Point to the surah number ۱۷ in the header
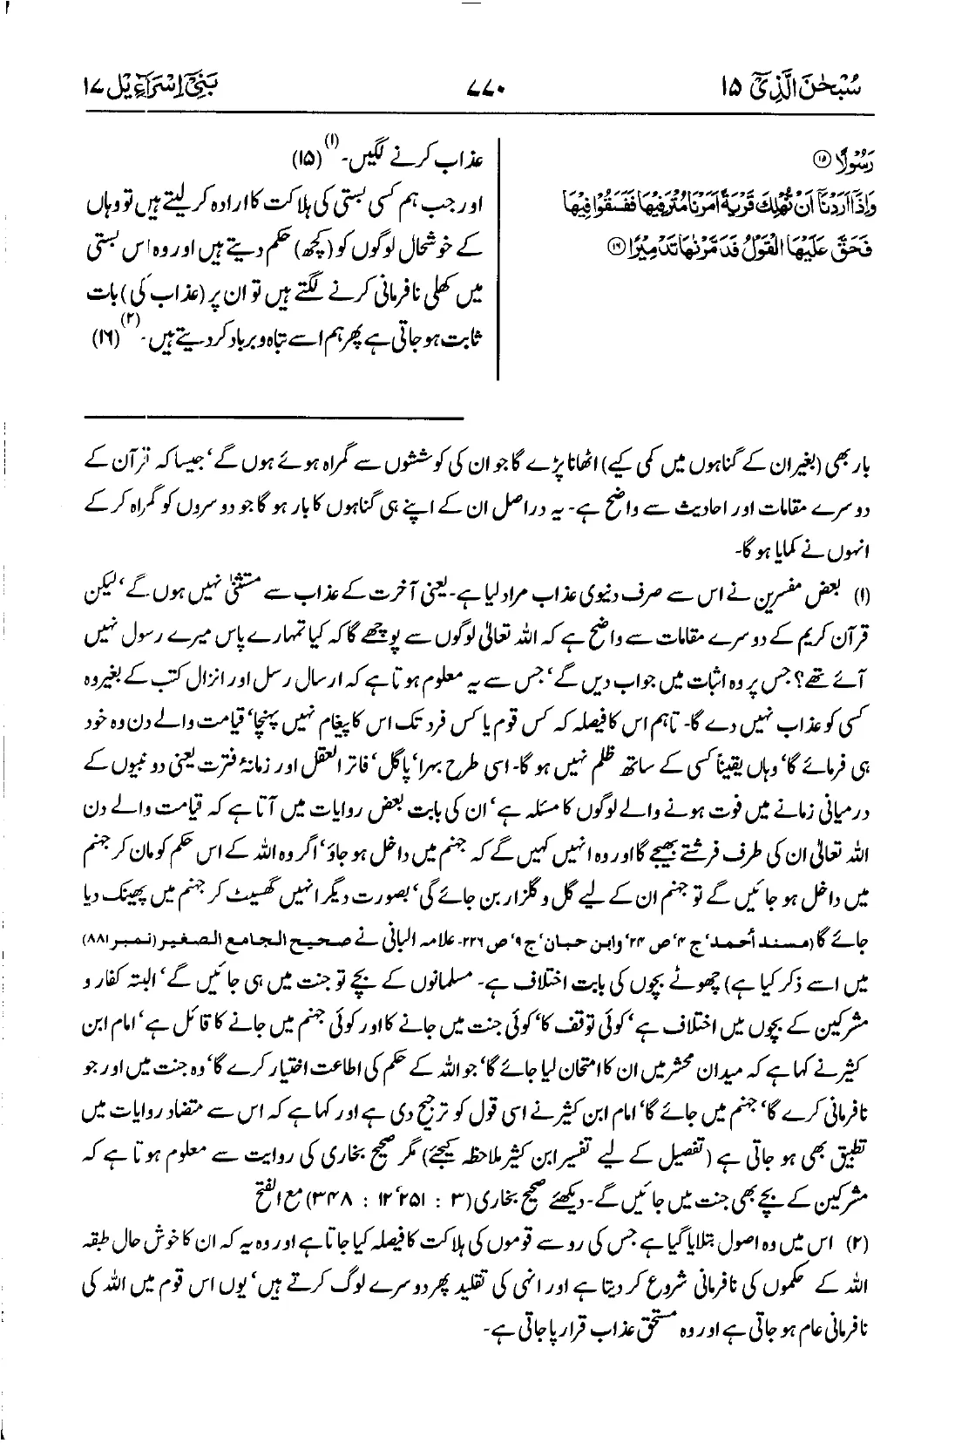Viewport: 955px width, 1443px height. (95, 88)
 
